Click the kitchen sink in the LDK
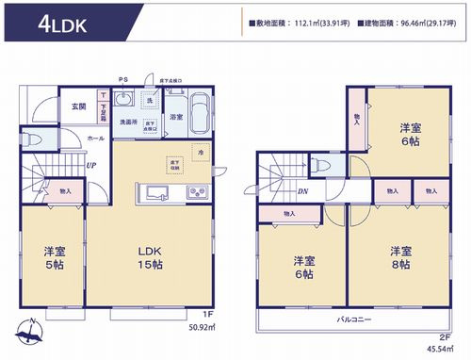click(154, 194)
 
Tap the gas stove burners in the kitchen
click(199, 194)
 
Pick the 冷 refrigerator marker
click(200, 152)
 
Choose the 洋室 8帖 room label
click(401, 257)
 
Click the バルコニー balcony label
click(355, 320)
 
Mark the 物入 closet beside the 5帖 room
click(64, 189)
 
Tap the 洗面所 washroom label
click(128, 123)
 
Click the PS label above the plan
click(122, 79)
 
